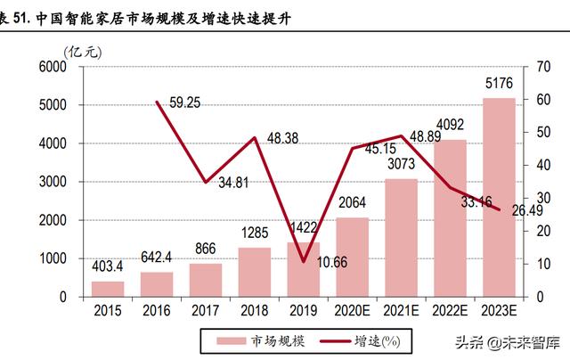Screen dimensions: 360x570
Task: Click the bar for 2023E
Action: [x=500, y=197]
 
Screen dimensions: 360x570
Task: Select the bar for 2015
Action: [x=109, y=288]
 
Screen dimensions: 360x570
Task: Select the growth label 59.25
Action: [x=183, y=103]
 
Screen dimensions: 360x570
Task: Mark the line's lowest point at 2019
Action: [x=304, y=261]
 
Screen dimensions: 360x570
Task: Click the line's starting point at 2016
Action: [x=158, y=102]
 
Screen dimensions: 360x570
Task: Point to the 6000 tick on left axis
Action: [x=53, y=67]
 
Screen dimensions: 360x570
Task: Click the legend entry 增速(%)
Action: [x=378, y=340]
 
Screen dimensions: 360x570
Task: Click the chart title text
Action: [x=151, y=15]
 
